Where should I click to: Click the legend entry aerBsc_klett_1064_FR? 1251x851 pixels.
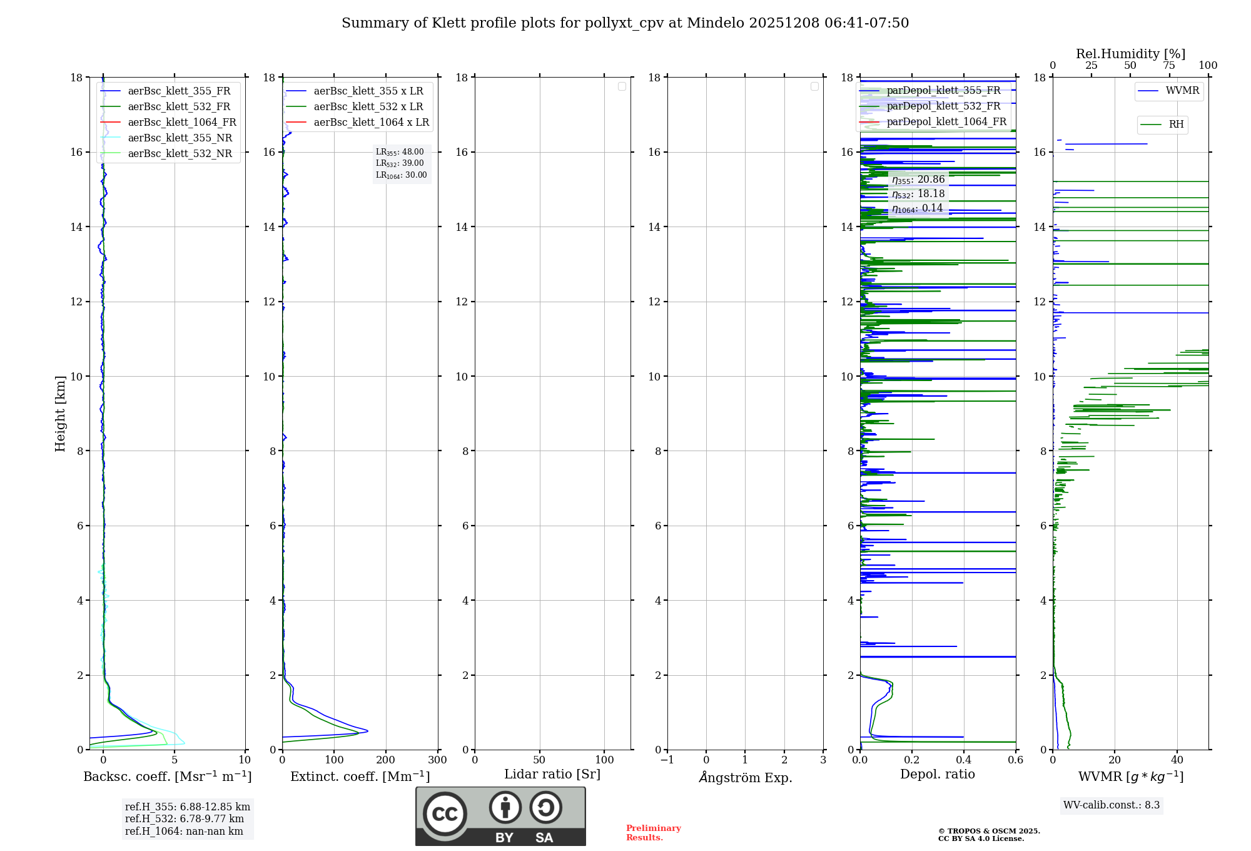click(x=181, y=123)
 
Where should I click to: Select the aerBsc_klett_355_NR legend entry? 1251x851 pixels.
click(x=180, y=138)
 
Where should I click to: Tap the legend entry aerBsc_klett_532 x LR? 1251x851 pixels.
click(x=368, y=107)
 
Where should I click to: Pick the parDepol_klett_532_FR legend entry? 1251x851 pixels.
click(x=943, y=106)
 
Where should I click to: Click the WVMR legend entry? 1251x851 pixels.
click(x=1182, y=91)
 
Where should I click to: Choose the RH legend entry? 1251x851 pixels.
click(x=1176, y=125)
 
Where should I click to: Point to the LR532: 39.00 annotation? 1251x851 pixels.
click(x=400, y=163)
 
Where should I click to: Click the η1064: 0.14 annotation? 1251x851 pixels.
click(x=917, y=208)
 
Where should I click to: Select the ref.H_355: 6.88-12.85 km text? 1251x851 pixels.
click(x=187, y=807)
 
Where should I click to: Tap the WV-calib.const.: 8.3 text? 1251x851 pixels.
click(x=1112, y=805)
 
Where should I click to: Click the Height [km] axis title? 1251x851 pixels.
click(x=60, y=414)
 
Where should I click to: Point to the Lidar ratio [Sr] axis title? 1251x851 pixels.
click(x=552, y=775)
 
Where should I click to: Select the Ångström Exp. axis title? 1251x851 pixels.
click(x=746, y=778)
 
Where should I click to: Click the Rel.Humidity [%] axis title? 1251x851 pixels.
click(x=1130, y=54)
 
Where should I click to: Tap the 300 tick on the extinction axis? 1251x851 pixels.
click(x=438, y=760)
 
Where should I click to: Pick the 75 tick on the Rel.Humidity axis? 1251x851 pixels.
click(x=1168, y=66)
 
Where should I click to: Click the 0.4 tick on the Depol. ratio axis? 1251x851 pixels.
click(x=964, y=760)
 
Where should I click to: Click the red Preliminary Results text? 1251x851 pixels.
click(x=653, y=833)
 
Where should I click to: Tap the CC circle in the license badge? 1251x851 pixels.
click(x=445, y=814)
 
